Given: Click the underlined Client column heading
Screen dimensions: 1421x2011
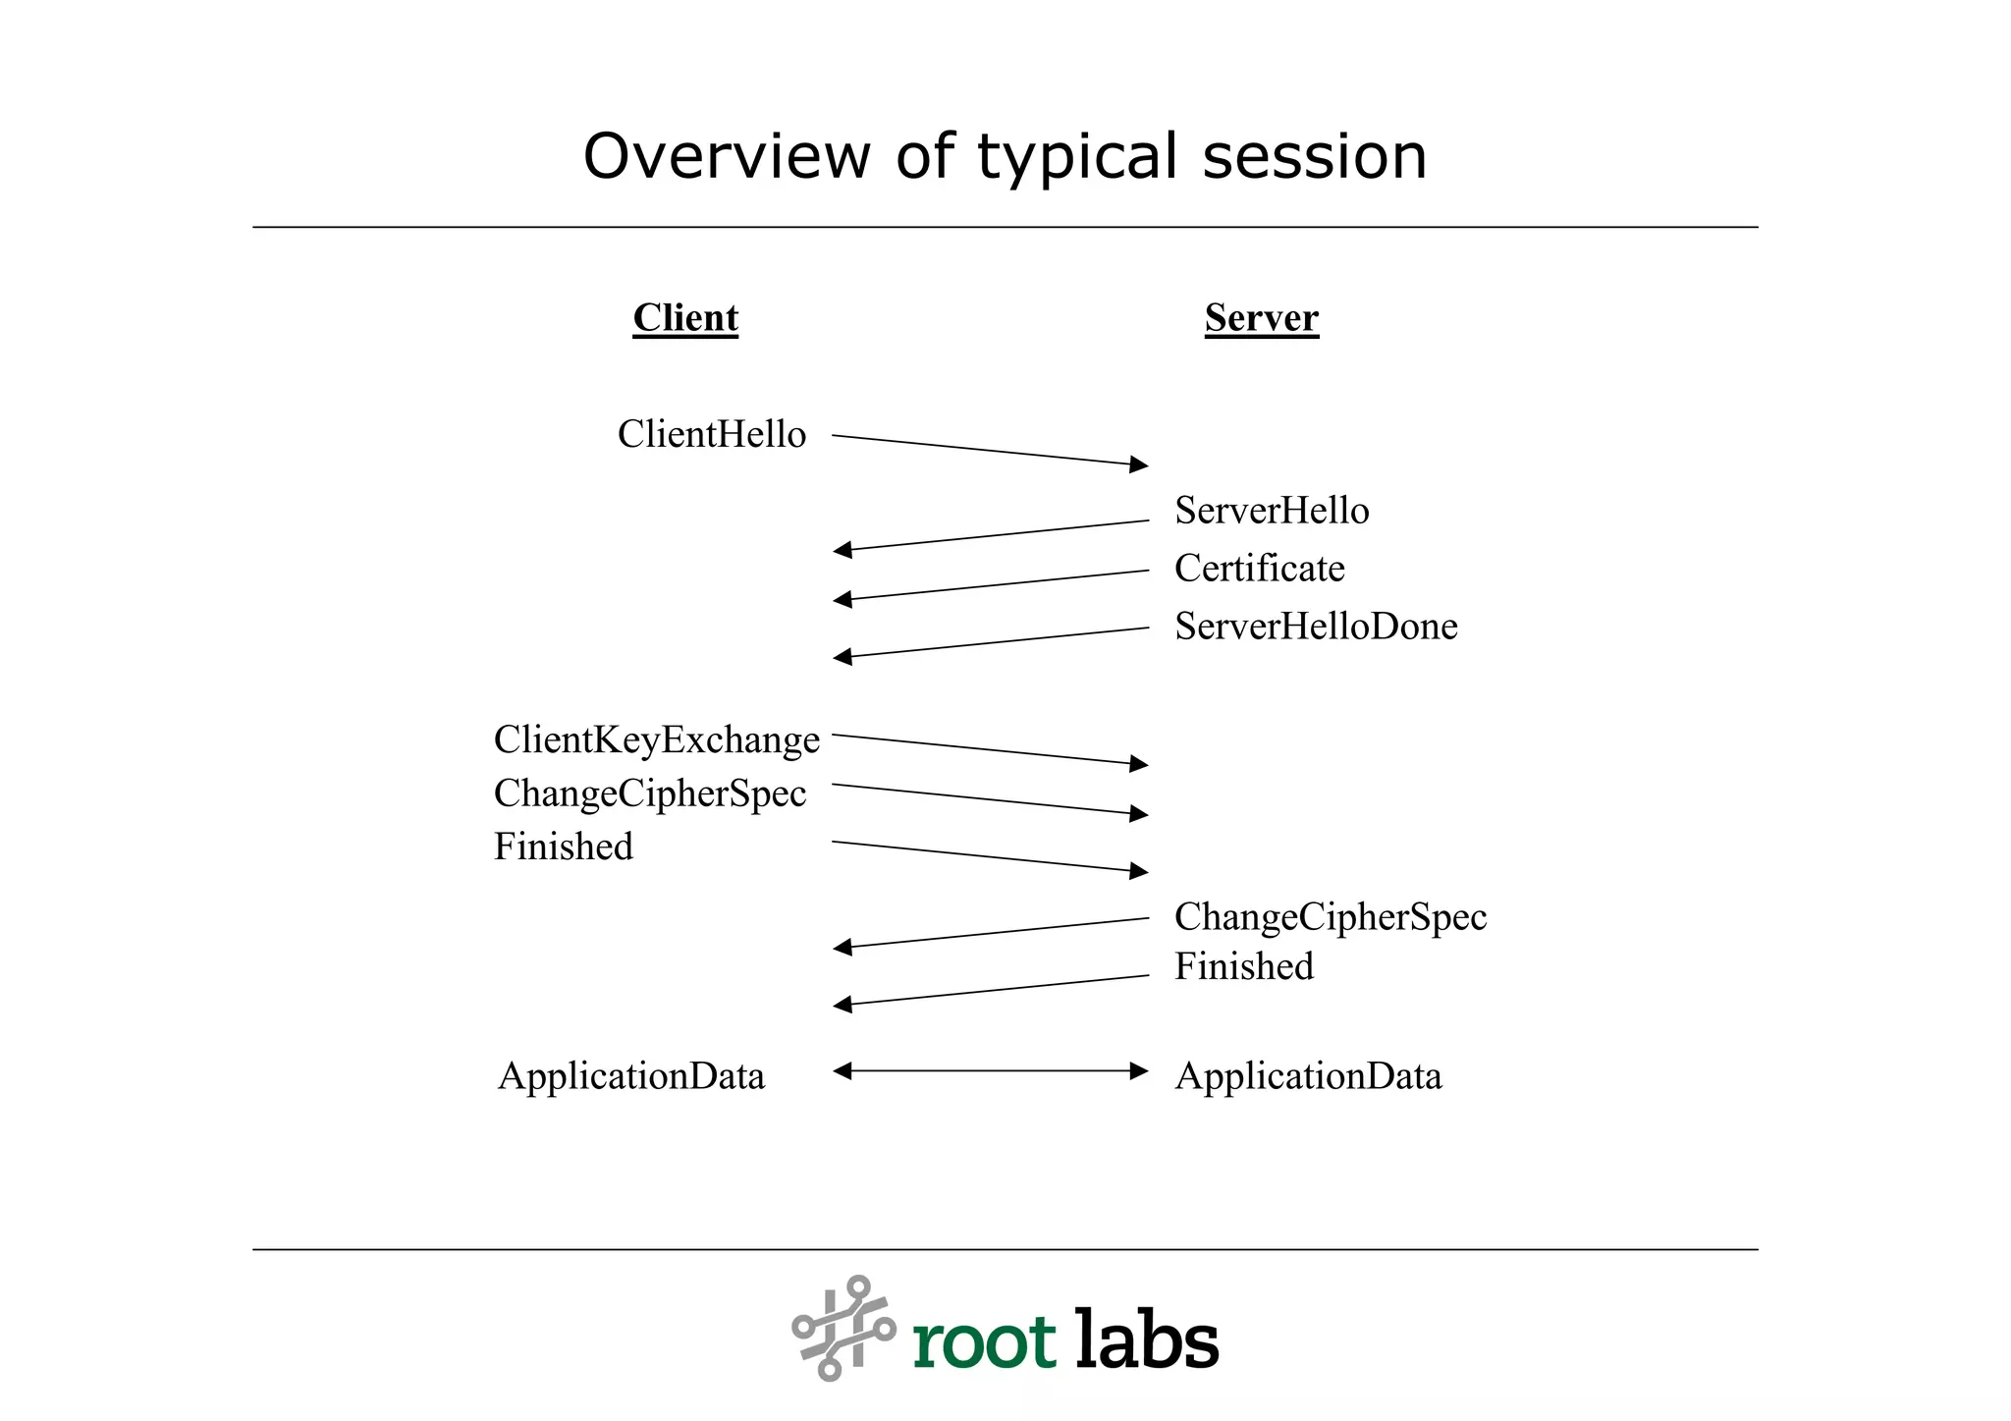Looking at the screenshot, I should (x=684, y=317).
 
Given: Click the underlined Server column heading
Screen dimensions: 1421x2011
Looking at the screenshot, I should (x=1261, y=317).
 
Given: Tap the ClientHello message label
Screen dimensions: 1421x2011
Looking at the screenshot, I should (x=711, y=434).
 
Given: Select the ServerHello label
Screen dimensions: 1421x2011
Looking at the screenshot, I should (x=1272, y=511).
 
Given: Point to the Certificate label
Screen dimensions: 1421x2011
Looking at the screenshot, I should (x=1259, y=569).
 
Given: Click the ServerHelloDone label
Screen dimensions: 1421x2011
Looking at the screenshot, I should (x=1316, y=627).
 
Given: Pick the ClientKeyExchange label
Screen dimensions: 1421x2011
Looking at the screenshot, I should (x=656, y=739).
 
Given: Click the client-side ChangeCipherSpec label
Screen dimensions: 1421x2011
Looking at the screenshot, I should (x=649, y=793).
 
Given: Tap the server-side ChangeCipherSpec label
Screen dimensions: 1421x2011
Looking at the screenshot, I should (x=1330, y=917).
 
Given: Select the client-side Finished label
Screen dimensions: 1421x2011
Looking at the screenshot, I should (x=563, y=847).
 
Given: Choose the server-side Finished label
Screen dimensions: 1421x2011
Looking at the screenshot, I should (x=1243, y=966).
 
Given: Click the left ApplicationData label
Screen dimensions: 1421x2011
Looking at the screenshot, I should (x=630, y=1076).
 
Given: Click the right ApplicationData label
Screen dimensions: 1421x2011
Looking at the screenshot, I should (x=1308, y=1076).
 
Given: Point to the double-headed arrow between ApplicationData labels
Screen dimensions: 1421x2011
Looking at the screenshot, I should (x=990, y=1070).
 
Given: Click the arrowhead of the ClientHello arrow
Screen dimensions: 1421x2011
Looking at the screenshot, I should (x=1139, y=464).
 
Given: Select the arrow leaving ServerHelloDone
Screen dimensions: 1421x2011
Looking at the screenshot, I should (x=990, y=642).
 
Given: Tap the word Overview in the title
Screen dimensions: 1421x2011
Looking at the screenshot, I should (x=726, y=157).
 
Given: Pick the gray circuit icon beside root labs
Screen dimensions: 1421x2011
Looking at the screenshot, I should (x=843, y=1328).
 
